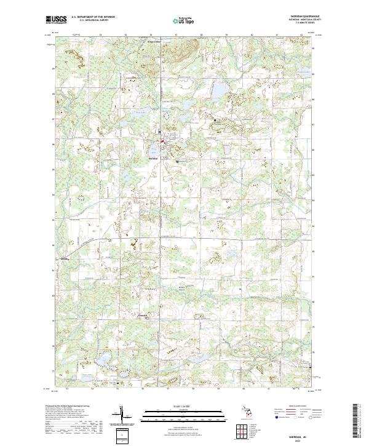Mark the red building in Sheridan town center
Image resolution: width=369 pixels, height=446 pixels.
coord(162,141)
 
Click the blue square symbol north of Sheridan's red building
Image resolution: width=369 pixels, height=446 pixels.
coord(159,132)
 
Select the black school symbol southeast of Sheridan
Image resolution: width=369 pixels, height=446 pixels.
coord(178,161)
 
